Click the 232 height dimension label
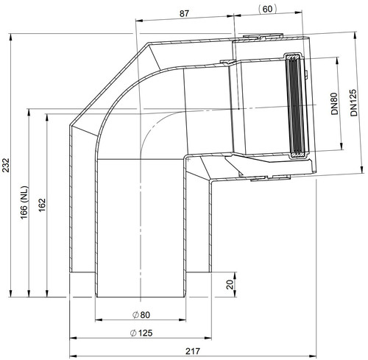click(6, 165)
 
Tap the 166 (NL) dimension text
click(24, 202)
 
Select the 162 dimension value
click(42, 205)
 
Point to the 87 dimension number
click(184, 13)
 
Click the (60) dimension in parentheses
click(267, 9)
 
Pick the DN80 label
click(335, 104)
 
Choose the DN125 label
click(353, 103)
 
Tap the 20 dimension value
click(230, 285)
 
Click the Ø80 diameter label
click(141, 315)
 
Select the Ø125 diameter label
click(141, 333)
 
